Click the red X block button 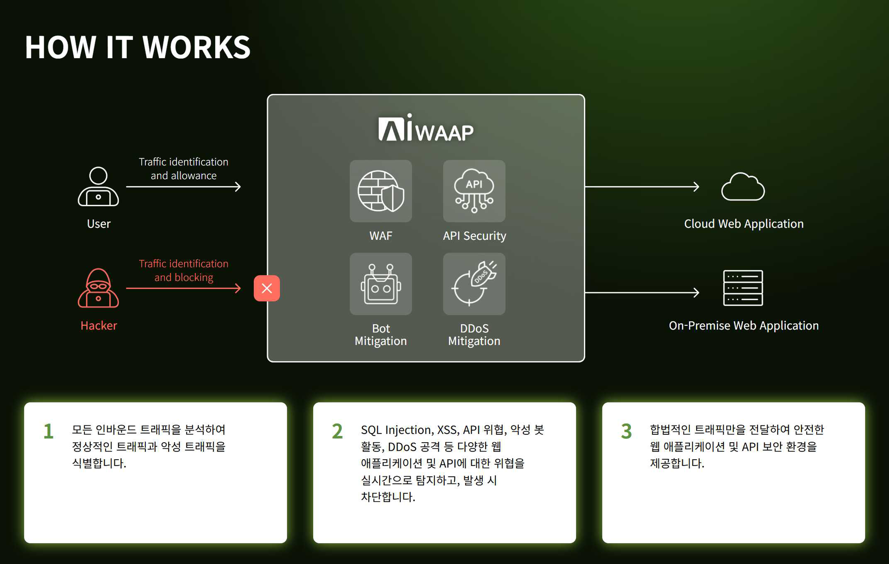[x=267, y=288]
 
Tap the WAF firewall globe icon [x=381, y=191]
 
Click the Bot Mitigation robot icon [x=381, y=284]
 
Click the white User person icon [x=98, y=187]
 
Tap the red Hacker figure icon [x=98, y=288]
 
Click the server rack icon [x=743, y=288]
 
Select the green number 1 [x=49, y=431]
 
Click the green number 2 [x=337, y=431]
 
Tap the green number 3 [x=626, y=431]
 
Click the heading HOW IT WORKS [x=138, y=47]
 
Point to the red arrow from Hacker [x=183, y=288]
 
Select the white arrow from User [x=183, y=187]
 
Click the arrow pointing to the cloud [x=642, y=187]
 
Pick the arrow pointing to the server [x=642, y=292]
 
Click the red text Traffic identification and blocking [x=183, y=270]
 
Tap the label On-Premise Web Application [x=744, y=326]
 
